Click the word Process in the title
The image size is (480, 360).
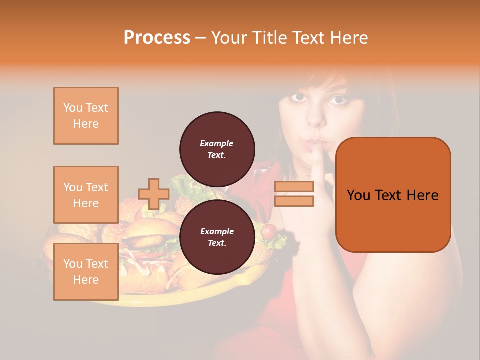pyautogui.click(x=157, y=38)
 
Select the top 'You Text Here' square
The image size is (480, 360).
pyautogui.click(x=86, y=116)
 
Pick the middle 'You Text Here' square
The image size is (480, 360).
pyautogui.click(x=86, y=195)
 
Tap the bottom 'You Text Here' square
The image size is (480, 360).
pyautogui.click(x=86, y=271)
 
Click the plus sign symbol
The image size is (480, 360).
pyautogui.click(x=154, y=194)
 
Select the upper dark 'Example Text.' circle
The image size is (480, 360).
pyautogui.click(x=217, y=149)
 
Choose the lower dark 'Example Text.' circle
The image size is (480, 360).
pyautogui.click(x=217, y=237)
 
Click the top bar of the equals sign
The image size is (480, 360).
pyautogui.click(x=294, y=187)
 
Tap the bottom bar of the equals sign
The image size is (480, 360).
pyautogui.click(x=294, y=201)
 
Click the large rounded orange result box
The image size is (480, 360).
pyautogui.click(x=393, y=195)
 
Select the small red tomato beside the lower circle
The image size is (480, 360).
pyautogui.click(x=269, y=231)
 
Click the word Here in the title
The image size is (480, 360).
pyautogui.click(x=348, y=38)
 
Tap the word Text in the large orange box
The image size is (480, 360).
pyautogui.click(x=392, y=195)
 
